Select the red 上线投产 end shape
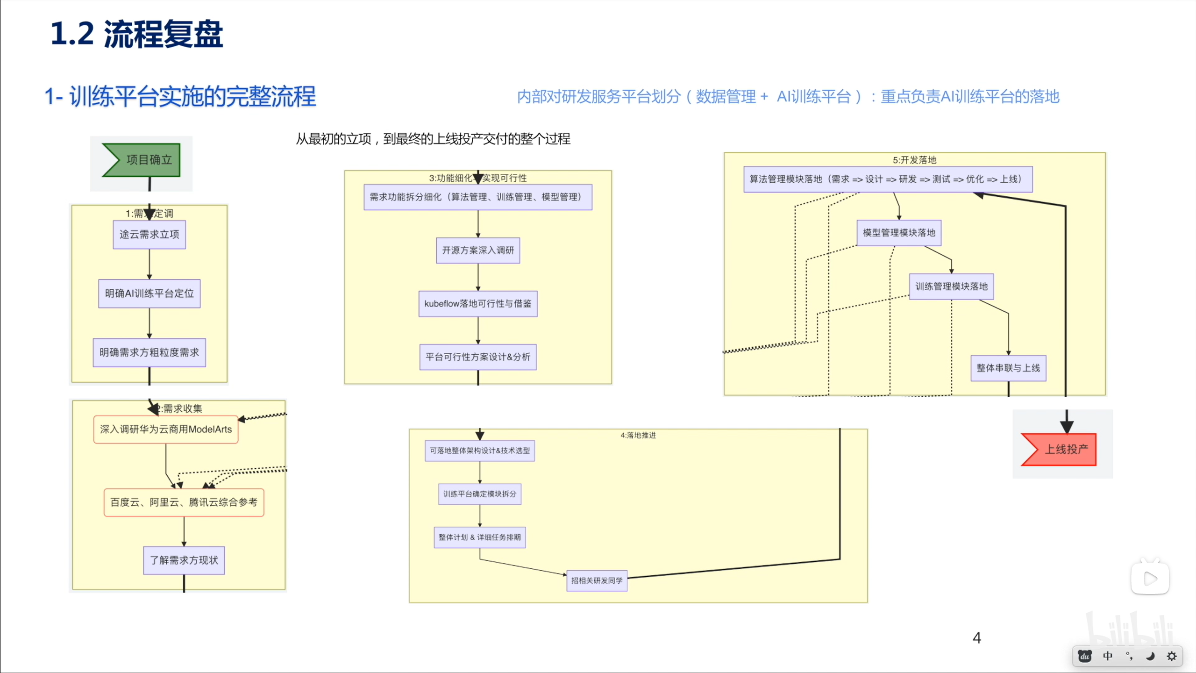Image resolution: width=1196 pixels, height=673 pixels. [x=1061, y=449]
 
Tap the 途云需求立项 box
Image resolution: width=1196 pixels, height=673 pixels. [x=149, y=234]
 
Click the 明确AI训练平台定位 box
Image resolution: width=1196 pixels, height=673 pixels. [x=149, y=293]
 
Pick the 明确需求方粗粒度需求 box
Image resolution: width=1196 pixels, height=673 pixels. [x=149, y=352]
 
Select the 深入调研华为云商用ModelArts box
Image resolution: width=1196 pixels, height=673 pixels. [x=165, y=429]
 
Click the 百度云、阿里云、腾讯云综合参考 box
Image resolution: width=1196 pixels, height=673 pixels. [x=184, y=502]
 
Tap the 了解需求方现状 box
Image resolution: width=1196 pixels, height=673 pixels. [x=184, y=560]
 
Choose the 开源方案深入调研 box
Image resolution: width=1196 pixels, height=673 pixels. [x=477, y=250]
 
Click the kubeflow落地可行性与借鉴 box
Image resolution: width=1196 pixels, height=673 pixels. [x=477, y=303]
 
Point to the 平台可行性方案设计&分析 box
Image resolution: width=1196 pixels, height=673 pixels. [x=477, y=357]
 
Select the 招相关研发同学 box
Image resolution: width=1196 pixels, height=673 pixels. [x=597, y=580]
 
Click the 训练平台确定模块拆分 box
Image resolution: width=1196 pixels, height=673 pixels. [x=479, y=494]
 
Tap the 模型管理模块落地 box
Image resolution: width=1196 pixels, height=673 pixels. [x=898, y=232]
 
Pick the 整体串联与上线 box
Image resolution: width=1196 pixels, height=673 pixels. [x=1008, y=368]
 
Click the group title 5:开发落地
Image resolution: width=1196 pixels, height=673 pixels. [x=914, y=160]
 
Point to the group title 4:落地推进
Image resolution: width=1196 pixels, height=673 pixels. [x=638, y=435]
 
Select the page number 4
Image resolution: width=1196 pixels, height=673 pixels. [x=976, y=637]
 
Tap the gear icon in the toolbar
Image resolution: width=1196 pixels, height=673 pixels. [x=1171, y=656]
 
